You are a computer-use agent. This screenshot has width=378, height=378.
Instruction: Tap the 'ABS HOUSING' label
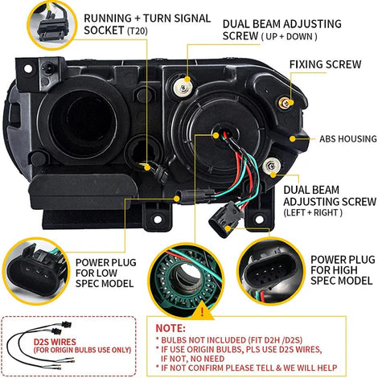340,138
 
